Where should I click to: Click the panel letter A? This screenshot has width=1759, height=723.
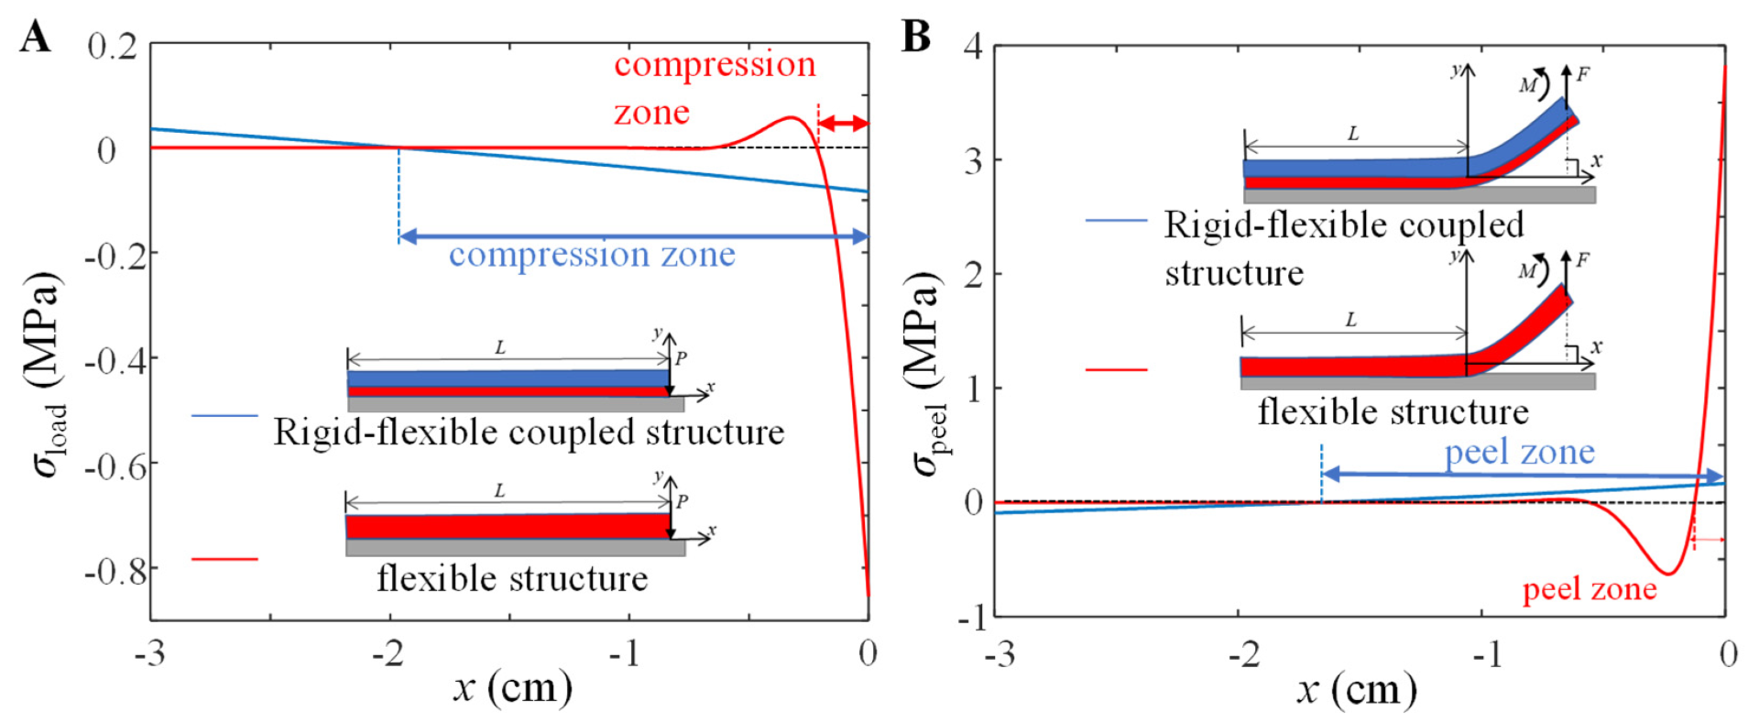pyautogui.click(x=35, y=38)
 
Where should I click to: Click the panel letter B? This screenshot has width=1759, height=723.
pyautogui.click(x=916, y=38)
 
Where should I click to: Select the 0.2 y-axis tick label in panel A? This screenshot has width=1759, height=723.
pyautogui.click(x=113, y=46)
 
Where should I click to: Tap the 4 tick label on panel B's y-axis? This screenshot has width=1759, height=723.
pyautogui.click(x=973, y=45)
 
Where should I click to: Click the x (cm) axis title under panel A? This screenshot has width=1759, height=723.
pyautogui.click(x=512, y=686)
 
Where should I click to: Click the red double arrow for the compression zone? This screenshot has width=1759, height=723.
pyautogui.click(x=843, y=123)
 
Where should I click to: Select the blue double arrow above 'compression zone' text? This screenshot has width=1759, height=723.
pyautogui.click(x=633, y=236)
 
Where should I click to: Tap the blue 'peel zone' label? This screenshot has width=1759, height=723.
pyautogui.click(x=1519, y=453)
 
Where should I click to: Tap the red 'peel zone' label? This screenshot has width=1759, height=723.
pyautogui.click(x=1590, y=589)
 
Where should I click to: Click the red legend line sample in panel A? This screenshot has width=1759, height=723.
pyautogui.click(x=224, y=558)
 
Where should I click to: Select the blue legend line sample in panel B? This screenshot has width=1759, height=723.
pyautogui.click(x=1116, y=221)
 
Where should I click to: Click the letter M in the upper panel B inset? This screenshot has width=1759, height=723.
pyautogui.click(x=1527, y=85)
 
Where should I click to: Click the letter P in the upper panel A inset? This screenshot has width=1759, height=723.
pyautogui.click(x=681, y=358)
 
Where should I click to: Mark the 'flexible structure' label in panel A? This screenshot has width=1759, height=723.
pyautogui.click(x=512, y=579)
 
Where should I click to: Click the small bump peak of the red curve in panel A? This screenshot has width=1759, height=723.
pyautogui.click(x=790, y=117)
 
